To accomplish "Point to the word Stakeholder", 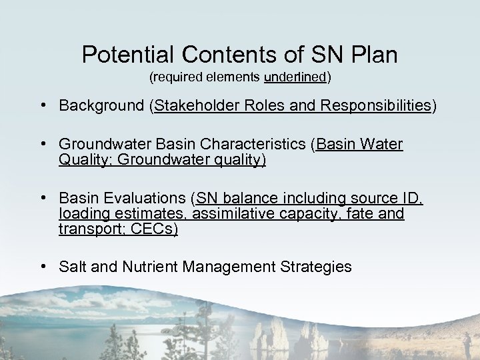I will point(193,106).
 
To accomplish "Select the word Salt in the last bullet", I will point(71,267).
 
